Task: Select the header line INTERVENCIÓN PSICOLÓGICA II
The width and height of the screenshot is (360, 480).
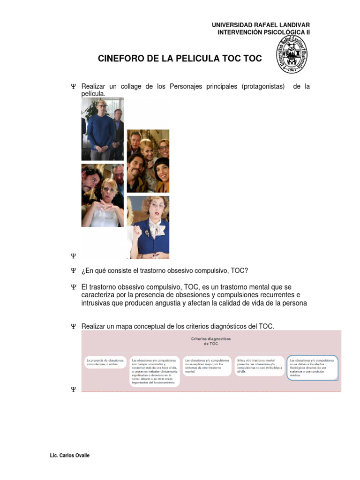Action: pos(263,32)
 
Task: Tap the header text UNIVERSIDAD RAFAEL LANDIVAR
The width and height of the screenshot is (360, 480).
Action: pos(261,25)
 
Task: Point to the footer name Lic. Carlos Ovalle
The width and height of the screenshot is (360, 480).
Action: pos(69,456)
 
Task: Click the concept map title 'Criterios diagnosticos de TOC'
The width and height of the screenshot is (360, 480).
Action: pos(211,340)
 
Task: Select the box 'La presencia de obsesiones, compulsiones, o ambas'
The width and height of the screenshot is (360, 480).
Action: pos(105,362)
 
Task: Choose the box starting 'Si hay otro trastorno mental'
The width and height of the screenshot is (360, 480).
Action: pos(260,366)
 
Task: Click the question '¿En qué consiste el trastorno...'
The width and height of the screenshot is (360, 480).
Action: pos(165,271)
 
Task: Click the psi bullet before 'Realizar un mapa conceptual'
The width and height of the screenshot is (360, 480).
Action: pos(73,326)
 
